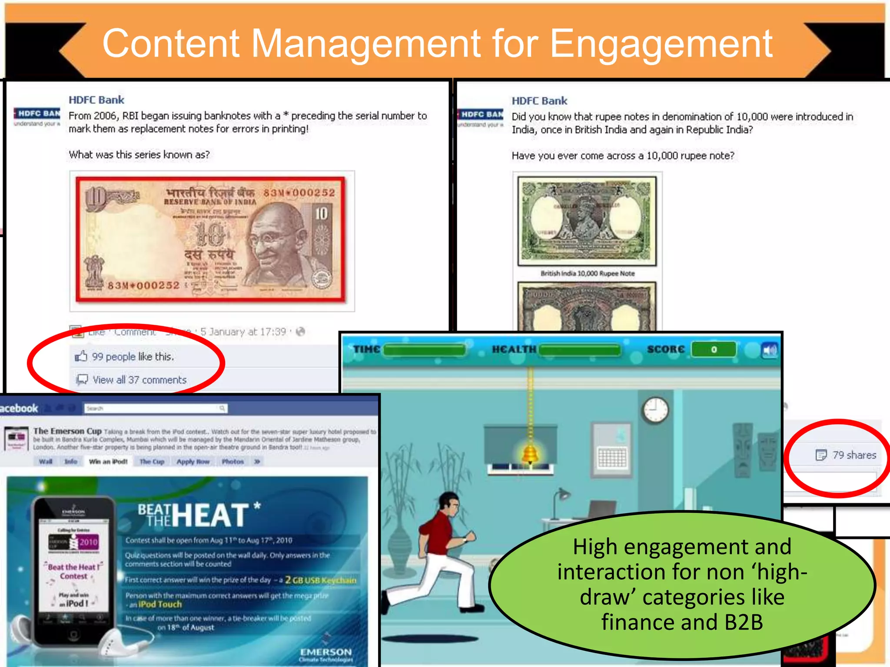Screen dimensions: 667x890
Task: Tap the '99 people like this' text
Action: (133, 357)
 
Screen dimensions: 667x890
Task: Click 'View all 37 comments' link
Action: (139, 380)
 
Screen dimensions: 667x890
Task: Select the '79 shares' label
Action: (853, 455)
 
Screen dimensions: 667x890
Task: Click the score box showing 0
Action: (714, 350)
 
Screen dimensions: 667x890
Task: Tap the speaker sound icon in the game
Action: (769, 350)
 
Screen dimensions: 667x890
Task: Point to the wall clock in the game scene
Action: (655, 409)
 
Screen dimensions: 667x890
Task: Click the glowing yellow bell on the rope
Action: (530, 454)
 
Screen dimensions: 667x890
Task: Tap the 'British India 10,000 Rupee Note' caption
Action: (588, 274)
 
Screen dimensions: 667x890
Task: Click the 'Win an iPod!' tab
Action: (108, 462)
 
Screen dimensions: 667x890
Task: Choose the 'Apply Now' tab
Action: (193, 462)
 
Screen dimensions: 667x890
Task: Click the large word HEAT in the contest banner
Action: (212, 516)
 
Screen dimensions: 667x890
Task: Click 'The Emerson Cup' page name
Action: (67, 431)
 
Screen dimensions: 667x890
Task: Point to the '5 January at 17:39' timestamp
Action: (243, 332)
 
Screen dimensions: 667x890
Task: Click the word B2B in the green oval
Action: (743, 622)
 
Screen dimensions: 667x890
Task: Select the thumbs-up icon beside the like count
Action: (81, 357)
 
